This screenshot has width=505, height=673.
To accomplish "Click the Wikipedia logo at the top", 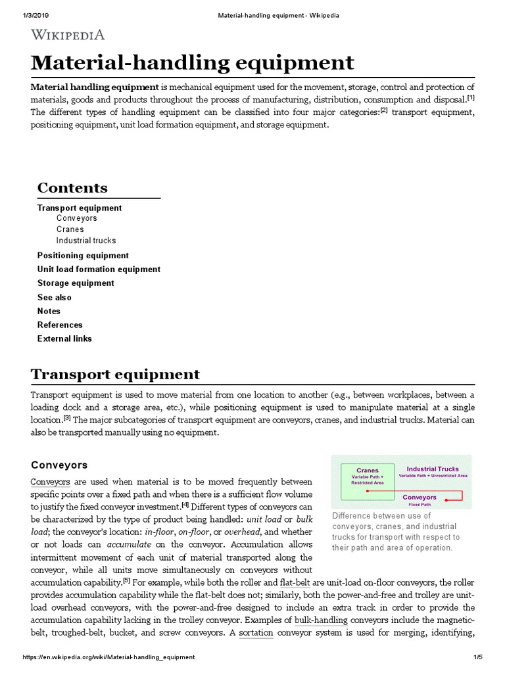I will pos(68,35).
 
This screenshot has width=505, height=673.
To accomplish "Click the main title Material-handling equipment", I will pos(193,63).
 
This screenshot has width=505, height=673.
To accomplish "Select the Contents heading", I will pos(72,188).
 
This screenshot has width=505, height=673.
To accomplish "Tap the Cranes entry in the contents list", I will pos(70,229).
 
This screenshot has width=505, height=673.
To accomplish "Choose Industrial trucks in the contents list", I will pos(86,241).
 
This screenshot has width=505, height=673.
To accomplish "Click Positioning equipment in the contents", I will pos(83,256).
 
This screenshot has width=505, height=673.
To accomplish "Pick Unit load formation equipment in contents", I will pos(99,269).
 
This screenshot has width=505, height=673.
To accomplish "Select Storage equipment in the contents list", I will pos(76,283).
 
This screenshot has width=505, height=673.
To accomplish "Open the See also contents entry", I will pos(55,297).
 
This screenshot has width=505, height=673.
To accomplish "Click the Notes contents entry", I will pos(49,311).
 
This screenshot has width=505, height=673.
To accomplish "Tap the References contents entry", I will pos(60,325).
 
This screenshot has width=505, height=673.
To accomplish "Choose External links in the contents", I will pos(64,338).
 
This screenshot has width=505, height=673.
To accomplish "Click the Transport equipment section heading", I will pos(115,375).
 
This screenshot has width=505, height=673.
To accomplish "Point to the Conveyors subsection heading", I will pos(59,465).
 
